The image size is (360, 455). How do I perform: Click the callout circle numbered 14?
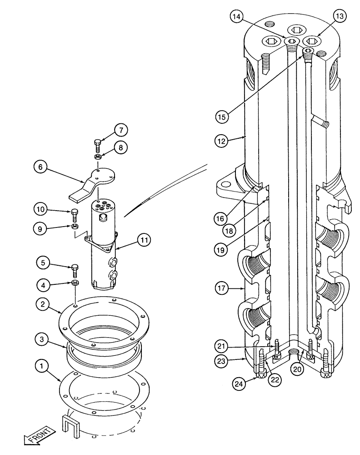click(x=236, y=17)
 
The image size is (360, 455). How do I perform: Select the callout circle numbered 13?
click(x=339, y=17)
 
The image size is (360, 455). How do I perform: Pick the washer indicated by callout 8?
click(x=97, y=157)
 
